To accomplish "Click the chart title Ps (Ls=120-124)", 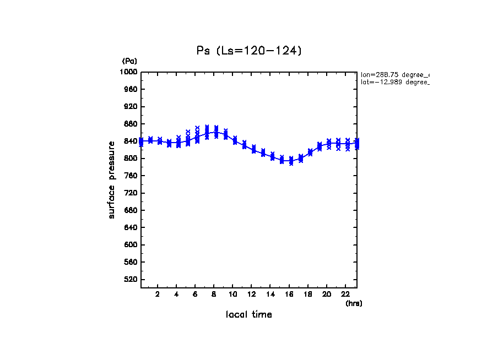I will click(249, 51).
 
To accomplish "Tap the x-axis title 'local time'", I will click(249, 315).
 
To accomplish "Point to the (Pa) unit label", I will click(129, 61).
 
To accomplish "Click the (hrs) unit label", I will click(354, 303).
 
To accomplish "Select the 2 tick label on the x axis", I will click(158, 294).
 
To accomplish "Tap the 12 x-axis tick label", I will click(252, 294).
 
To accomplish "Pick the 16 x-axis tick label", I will click(289, 294).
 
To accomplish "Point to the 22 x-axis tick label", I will click(345, 294).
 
